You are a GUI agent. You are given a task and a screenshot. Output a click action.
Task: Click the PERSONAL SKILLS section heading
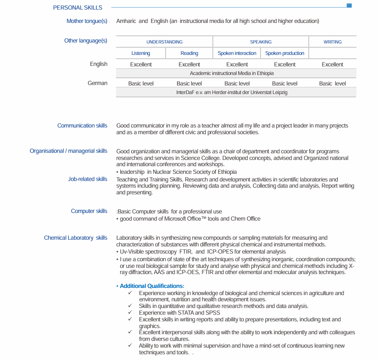click(x=77, y=8)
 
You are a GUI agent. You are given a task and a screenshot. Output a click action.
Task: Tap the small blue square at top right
click(x=349, y=6)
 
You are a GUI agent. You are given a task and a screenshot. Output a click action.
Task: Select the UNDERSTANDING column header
click(x=164, y=42)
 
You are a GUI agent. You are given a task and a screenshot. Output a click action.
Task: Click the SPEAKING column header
click(x=261, y=42)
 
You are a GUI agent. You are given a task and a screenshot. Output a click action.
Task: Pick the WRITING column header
click(x=332, y=42)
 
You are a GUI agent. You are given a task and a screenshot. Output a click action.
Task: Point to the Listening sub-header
click(x=141, y=53)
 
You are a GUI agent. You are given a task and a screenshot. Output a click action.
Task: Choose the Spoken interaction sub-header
click(x=237, y=53)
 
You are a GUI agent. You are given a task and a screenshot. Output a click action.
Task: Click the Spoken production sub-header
click(x=284, y=53)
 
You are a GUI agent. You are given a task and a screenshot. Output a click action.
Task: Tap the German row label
click(x=97, y=83)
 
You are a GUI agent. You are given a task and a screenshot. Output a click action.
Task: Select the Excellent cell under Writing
click(x=332, y=64)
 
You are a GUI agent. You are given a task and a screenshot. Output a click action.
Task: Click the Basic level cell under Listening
click(x=141, y=84)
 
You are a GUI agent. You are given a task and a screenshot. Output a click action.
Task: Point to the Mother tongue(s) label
click(x=87, y=21)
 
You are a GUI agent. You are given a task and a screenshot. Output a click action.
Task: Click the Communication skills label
click(x=82, y=126)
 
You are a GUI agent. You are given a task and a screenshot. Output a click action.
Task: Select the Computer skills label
click(x=89, y=211)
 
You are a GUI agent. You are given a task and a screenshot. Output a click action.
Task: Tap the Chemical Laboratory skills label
click(x=75, y=238)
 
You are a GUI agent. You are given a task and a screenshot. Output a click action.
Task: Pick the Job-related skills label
click(x=87, y=179)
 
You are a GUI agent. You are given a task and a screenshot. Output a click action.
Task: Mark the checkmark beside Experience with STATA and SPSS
click(x=130, y=313)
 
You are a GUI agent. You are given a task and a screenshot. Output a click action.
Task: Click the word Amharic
click(x=126, y=21)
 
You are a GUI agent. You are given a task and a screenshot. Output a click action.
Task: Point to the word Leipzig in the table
click(x=278, y=92)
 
